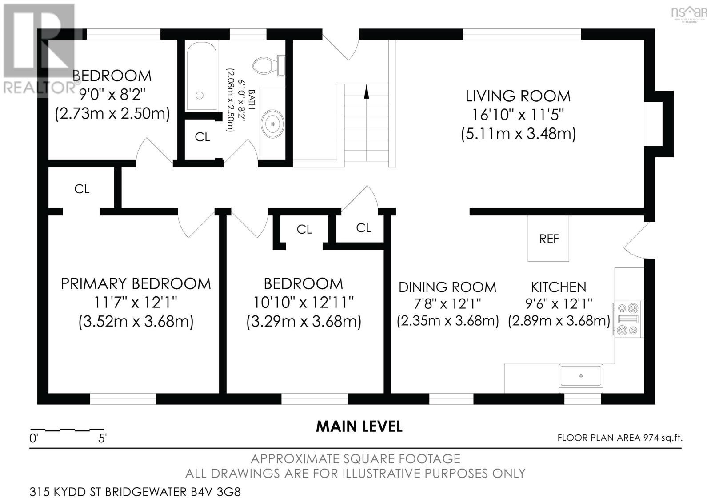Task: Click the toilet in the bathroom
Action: pos(269,65)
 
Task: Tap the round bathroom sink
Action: pos(272,124)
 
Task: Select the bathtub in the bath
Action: pos(202,76)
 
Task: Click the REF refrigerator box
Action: pos(548,238)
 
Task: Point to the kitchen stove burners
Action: pos(628,319)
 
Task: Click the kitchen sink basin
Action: pos(581,376)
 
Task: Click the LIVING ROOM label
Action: pos(518,96)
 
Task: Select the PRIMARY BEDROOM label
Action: pos(136,284)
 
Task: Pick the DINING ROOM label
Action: pos(447,287)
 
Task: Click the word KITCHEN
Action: pos(559,287)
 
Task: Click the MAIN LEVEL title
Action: pos(359,426)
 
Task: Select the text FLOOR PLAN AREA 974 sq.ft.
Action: pos(620,438)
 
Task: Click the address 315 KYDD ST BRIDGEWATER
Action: pos(108,492)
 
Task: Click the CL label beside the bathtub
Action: pos(202,137)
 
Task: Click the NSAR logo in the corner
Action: pos(689,13)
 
